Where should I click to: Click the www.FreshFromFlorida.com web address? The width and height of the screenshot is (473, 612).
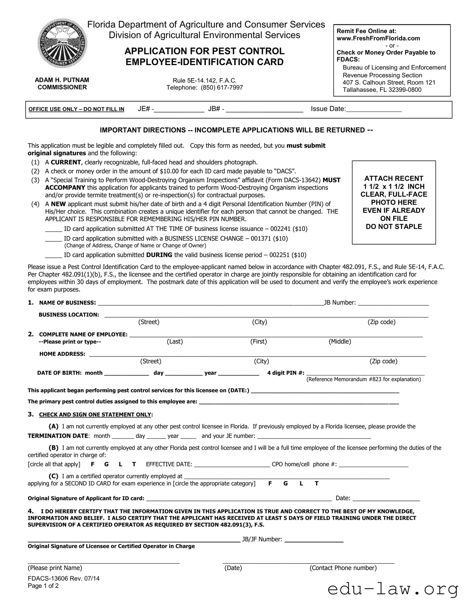[378, 38]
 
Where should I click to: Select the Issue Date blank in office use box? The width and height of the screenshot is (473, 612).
[374, 110]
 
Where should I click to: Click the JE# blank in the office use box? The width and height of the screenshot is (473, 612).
[179, 110]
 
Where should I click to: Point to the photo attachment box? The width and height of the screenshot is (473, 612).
[394, 202]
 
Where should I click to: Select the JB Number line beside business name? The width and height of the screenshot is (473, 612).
[393, 303]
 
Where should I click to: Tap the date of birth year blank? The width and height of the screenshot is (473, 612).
[239, 373]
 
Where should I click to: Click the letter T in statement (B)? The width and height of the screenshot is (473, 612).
[134, 464]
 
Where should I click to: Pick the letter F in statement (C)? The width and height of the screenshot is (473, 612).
[270, 483]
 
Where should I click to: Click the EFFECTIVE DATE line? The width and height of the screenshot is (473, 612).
[232, 464]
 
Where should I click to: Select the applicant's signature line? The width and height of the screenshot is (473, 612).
[239, 499]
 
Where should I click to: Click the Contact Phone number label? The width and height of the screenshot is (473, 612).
[343, 568]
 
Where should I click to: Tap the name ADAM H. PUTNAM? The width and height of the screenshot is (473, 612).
[62, 80]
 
